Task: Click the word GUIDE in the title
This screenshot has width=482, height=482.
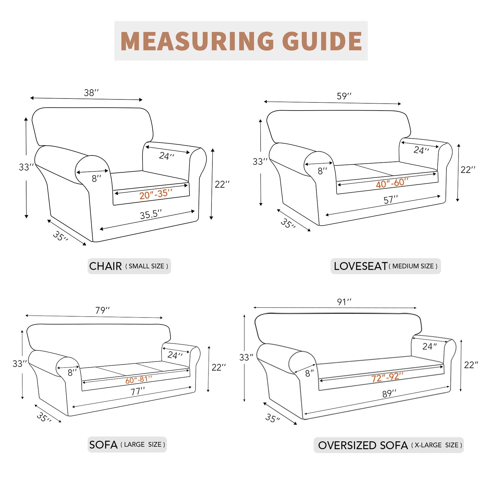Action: (322, 41)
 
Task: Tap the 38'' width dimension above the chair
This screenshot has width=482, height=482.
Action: (91, 92)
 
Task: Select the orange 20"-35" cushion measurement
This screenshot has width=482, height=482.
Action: (156, 194)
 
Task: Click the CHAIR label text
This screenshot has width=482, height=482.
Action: (105, 266)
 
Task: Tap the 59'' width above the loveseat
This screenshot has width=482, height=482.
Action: (344, 96)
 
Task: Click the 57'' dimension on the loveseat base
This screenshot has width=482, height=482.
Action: (391, 199)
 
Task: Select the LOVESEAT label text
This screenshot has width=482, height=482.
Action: (360, 266)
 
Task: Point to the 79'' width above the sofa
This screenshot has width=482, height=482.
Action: (102, 310)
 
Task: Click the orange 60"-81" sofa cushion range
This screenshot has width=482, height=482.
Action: (139, 380)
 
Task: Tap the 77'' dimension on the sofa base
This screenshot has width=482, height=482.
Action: (138, 391)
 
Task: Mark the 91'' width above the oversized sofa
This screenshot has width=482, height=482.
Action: (344, 302)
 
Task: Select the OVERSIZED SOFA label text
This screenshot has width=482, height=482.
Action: (363, 445)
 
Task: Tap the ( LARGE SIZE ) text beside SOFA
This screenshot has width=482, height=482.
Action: (143, 445)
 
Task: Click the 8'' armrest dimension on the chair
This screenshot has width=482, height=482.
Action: (96, 179)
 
